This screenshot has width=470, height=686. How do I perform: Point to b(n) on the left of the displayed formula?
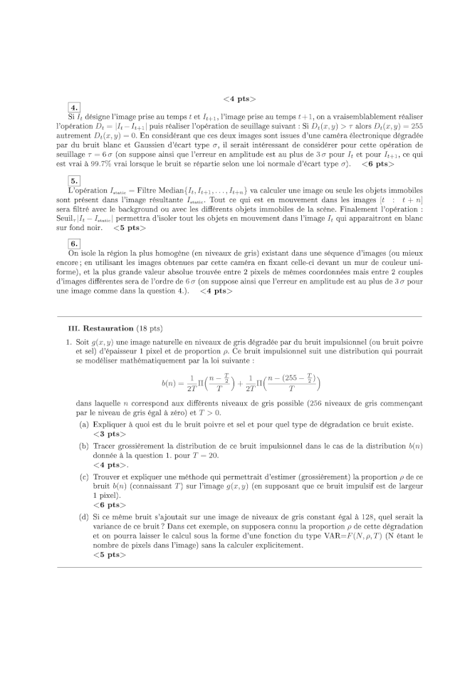(x=168, y=383)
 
